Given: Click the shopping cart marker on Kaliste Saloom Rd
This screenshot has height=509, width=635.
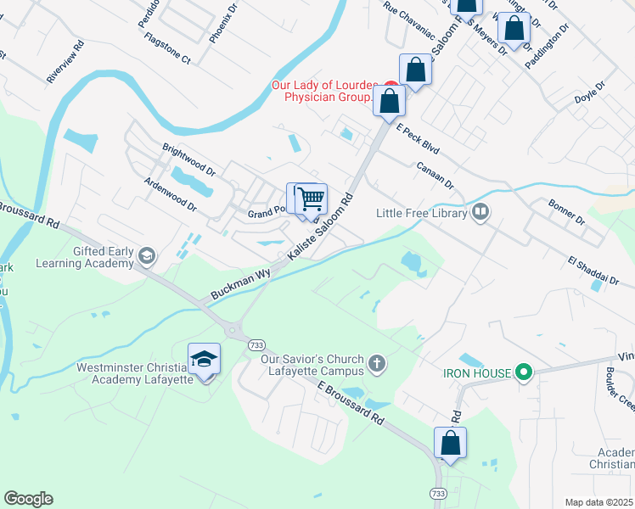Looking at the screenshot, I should (x=312, y=199).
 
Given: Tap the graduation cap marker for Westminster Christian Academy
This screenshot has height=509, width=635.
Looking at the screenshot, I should (x=204, y=359).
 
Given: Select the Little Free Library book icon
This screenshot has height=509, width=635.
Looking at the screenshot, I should (x=480, y=212).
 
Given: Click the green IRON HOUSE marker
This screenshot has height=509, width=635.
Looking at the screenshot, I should (x=524, y=372).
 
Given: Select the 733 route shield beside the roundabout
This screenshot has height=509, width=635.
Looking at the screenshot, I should (x=255, y=345).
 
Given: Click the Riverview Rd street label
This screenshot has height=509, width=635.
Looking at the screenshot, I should (x=65, y=60).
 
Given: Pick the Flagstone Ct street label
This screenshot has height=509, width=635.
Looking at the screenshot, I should (x=168, y=49).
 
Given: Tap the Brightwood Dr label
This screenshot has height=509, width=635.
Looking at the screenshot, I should (x=189, y=159).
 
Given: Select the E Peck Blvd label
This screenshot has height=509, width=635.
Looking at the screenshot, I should (x=418, y=137).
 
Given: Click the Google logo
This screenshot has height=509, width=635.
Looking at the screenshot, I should (x=28, y=499).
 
